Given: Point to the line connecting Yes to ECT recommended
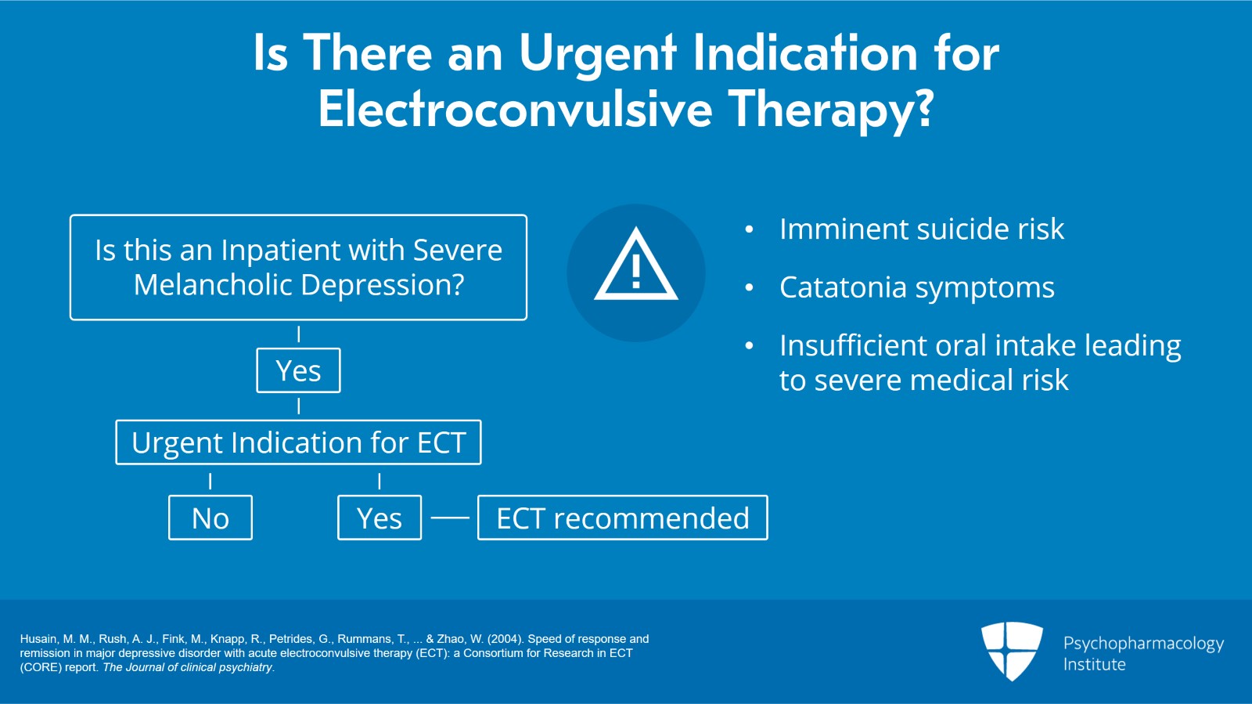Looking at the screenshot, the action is (450, 518).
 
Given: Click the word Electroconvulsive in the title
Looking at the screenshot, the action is (515, 109).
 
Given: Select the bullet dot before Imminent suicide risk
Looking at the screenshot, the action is (750, 229).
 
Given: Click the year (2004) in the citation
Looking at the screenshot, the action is (505, 639).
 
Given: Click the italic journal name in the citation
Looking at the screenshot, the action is (188, 667).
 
